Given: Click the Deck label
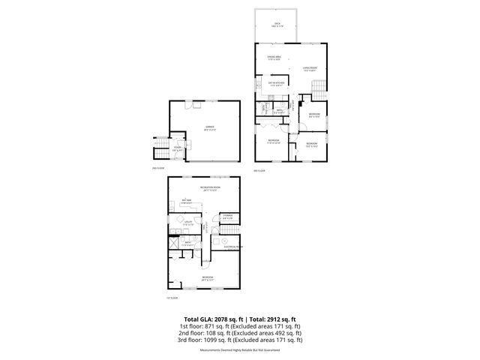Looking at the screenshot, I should click(x=277, y=25).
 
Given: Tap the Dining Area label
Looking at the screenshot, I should click(x=274, y=57).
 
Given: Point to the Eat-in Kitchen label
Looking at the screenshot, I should click(x=277, y=83).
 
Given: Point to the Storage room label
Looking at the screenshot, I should click(x=226, y=217).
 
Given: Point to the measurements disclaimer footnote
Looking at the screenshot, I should click(x=239, y=349).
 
